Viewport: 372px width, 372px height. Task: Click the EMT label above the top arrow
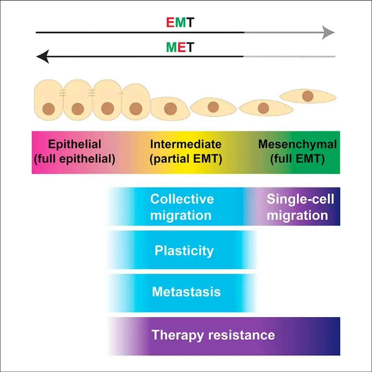tap(180, 22)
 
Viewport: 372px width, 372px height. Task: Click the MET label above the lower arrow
tap(180, 46)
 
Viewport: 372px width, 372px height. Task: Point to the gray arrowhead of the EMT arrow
tap(329, 33)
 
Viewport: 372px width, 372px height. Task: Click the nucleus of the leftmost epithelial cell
tap(49, 109)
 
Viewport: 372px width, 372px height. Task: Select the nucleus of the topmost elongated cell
tap(308, 96)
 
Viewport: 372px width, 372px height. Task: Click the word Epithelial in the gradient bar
tap(75, 144)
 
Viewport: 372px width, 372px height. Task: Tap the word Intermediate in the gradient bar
tap(186, 144)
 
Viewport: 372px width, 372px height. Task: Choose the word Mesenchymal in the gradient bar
tap(298, 144)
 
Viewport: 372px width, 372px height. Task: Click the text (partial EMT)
tap(186, 159)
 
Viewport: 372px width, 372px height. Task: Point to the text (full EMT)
tap(298, 159)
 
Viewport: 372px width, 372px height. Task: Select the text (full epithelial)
tap(75, 159)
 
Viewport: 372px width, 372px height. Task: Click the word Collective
tap(182, 199)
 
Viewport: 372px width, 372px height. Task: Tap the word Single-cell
tap(300, 199)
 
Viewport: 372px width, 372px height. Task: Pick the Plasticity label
tap(184, 250)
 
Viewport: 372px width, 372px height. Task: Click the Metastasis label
tap(186, 292)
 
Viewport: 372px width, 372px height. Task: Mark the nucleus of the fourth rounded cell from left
tap(136, 109)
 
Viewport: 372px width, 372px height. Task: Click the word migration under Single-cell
tap(297, 216)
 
